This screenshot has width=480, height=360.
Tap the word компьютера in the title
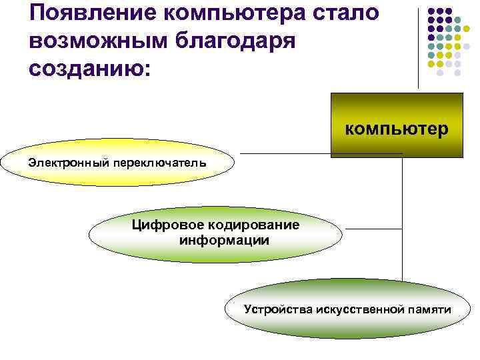point(237,13)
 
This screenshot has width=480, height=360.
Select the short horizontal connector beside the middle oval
point(373,229)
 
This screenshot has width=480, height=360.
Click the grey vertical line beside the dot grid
point(419,47)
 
